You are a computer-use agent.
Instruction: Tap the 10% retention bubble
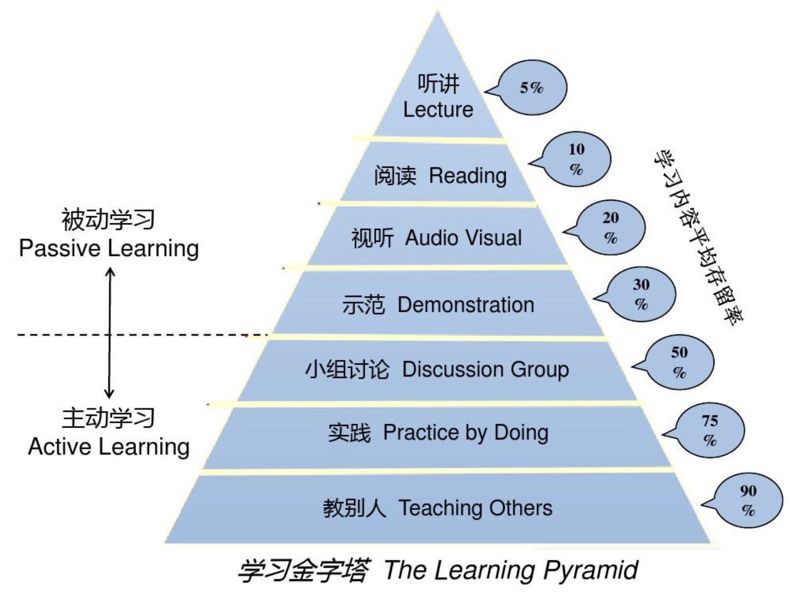pyautogui.click(x=577, y=159)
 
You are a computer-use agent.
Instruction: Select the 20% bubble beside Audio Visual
pyautogui.click(x=611, y=227)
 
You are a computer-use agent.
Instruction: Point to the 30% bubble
pyautogui.click(x=641, y=294)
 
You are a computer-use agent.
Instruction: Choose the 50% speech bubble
pyautogui.click(x=679, y=362)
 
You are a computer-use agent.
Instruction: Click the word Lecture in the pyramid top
pyautogui.click(x=438, y=110)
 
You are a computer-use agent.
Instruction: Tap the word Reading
pyautogui.click(x=468, y=176)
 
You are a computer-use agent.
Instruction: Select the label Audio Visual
pyautogui.click(x=463, y=238)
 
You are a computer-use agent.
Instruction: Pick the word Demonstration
pyautogui.click(x=466, y=305)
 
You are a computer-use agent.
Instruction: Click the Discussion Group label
pyautogui.click(x=485, y=369)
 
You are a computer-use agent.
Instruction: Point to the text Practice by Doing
pyautogui.click(x=465, y=433)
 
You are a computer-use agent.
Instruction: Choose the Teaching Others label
pyautogui.click(x=476, y=508)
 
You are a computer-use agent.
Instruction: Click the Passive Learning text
pyautogui.click(x=109, y=248)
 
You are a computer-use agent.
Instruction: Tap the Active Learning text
pyautogui.click(x=109, y=447)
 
